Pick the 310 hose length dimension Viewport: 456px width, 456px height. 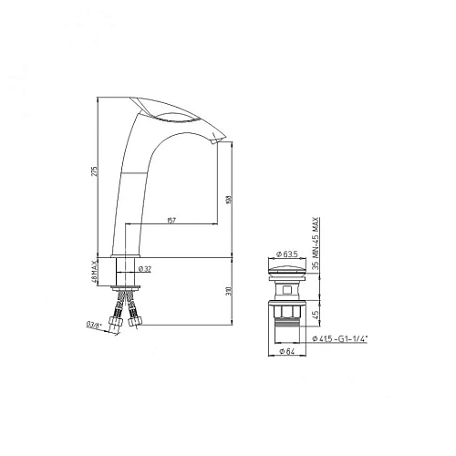pos(230,291)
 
